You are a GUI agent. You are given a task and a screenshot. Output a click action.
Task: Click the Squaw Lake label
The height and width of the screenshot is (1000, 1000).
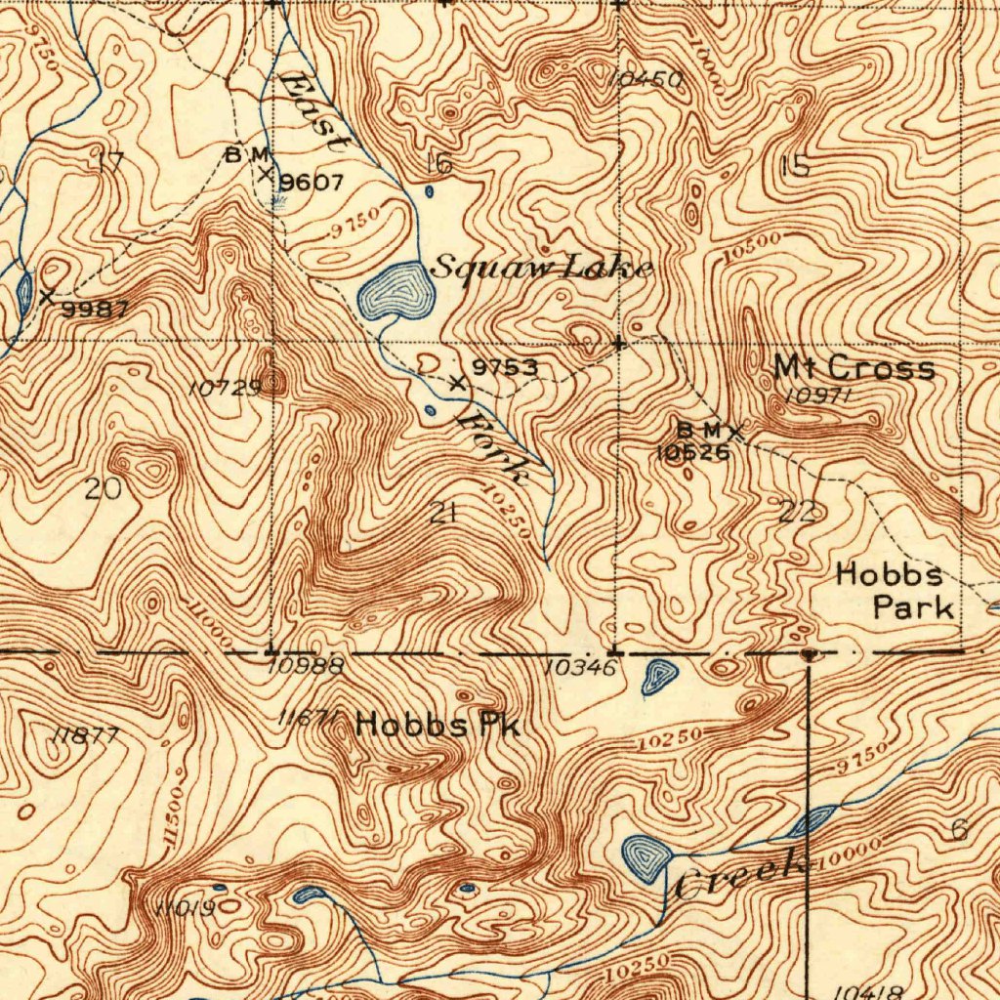pyautogui.click(x=541, y=267)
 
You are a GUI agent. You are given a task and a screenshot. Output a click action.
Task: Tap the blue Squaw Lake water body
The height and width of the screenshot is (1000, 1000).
pyautogui.click(x=395, y=291)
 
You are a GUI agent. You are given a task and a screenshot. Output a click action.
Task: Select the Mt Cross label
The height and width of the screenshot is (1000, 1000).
pyautogui.click(x=854, y=368)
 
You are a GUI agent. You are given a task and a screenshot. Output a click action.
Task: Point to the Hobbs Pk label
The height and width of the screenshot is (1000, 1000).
pyautogui.click(x=438, y=725)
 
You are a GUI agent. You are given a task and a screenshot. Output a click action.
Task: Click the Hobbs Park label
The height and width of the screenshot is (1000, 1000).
pyautogui.click(x=895, y=591)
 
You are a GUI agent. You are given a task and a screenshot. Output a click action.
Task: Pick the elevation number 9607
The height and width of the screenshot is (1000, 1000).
pyautogui.click(x=312, y=183)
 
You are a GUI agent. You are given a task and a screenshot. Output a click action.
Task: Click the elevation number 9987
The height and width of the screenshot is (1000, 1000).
pyautogui.click(x=95, y=310)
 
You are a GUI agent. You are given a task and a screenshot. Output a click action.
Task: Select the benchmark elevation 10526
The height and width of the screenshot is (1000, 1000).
pyautogui.click(x=692, y=452)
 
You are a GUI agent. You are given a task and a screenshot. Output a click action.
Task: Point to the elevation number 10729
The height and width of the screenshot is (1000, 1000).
pyautogui.click(x=225, y=388)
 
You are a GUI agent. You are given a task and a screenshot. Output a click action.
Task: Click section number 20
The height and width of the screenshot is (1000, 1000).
pyautogui.click(x=103, y=488)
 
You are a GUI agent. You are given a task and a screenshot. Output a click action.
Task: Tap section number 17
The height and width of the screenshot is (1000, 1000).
pyautogui.click(x=111, y=162)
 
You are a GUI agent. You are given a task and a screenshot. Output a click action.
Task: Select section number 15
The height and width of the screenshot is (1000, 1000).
pyautogui.click(x=795, y=166)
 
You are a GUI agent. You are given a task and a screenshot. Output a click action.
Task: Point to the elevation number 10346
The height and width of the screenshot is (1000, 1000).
pyautogui.click(x=582, y=668)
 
